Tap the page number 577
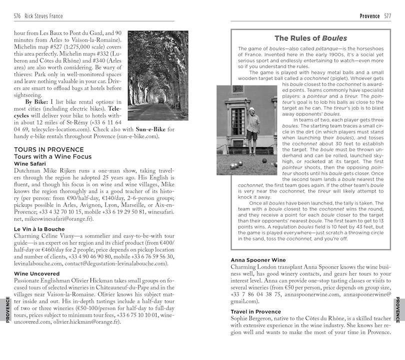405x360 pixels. (x=387, y=16)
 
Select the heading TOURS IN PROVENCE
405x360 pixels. (x=49, y=149)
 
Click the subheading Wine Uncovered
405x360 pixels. (x=36, y=273)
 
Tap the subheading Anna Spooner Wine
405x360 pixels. (x=258, y=260)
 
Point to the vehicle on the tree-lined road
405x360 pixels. (x=161, y=100)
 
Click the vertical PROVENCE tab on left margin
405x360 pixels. (x=7, y=309)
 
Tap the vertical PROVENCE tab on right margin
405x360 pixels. (x=398, y=309)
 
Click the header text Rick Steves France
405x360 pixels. (x=45, y=16)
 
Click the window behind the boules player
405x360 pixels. (x=237, y=119)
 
